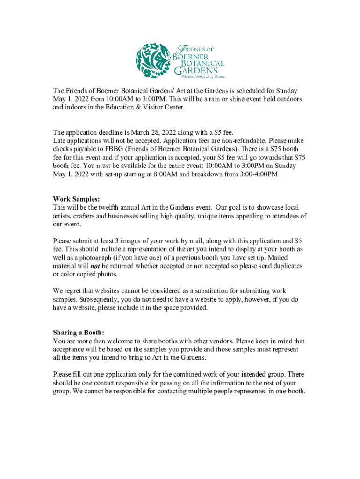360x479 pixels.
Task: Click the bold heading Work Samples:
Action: (x=76, y=199)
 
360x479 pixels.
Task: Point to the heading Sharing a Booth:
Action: (x=78, y=333)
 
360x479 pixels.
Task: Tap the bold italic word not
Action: (x=95, y=266)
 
